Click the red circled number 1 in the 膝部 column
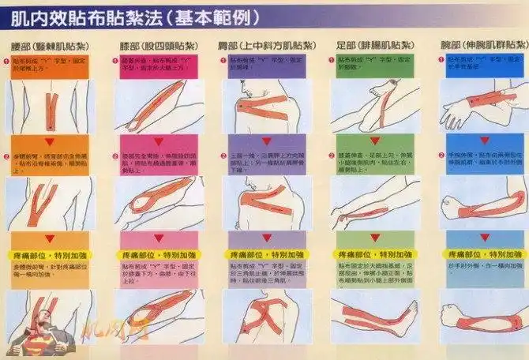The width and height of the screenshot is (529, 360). pos(118,60)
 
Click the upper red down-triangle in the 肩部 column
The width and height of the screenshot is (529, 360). pos(267,141)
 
